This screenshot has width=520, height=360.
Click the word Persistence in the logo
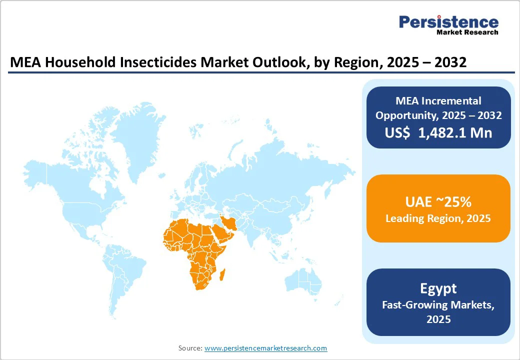pos(448,22)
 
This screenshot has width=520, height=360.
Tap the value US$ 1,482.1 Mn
pos(438,132)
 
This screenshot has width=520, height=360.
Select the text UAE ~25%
pos(438,202)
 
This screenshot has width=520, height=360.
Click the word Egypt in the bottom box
pos(438,288)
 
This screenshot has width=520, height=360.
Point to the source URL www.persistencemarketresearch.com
pos(265,348)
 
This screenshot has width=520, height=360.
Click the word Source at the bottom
pos(189,348)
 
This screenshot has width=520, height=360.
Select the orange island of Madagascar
pos(223,274)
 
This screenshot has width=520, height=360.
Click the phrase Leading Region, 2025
pos(438,218)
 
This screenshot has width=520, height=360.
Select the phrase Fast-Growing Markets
pos(438,304)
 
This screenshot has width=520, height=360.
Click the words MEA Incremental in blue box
pos(438,100)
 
